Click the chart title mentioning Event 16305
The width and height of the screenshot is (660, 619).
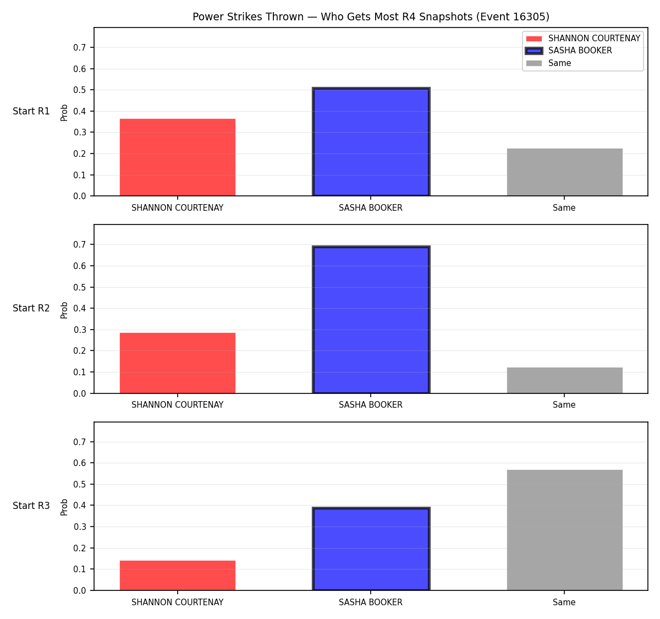pos(371,17)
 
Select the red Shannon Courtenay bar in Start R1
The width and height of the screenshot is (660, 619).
pos(178,157)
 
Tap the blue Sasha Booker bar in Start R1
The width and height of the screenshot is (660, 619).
pos(371,142)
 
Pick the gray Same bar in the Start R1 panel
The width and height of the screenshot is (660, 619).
pos(564,172)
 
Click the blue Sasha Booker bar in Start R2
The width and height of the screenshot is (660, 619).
pos(371,320)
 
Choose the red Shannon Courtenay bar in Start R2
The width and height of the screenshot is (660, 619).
pos(178,363)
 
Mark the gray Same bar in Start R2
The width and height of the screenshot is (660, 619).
pos(564,380)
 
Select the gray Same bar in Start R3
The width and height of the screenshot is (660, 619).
pos(564,530)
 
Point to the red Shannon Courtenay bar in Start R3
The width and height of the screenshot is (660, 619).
pos(178,576)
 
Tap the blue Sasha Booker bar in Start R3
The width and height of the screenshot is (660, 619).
pos(371,549)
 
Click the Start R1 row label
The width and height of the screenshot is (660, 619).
pos(31,111)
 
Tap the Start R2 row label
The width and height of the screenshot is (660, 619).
pos(31,308)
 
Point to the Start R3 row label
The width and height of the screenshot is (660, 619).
pos(31,506)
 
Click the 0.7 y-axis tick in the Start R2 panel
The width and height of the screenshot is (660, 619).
pos(79,244)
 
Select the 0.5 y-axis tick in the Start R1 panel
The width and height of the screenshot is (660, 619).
pos(79,90)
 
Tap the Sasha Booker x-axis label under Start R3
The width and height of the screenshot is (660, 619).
pos(371,602)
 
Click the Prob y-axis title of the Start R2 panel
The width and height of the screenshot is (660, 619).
pos(64,310)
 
